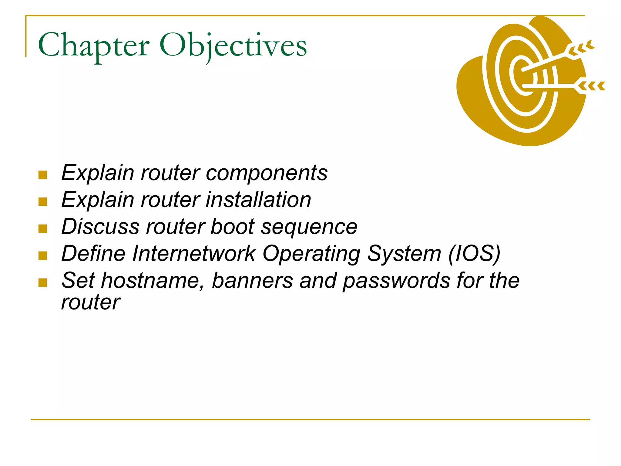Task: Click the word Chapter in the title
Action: pos(94,46)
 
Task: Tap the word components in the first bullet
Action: pos(267,173)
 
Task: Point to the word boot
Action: pos(232,227)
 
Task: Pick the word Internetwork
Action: pos(194,254)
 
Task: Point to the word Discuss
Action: pos(100,227)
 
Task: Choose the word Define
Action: pos(93,254)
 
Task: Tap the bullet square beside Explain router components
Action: pos(43,175)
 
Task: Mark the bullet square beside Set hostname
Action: pos(43,282)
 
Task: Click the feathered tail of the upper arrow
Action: pos(581,49)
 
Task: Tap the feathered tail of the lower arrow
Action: pos(591,86)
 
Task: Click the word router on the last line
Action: pos(91,302)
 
